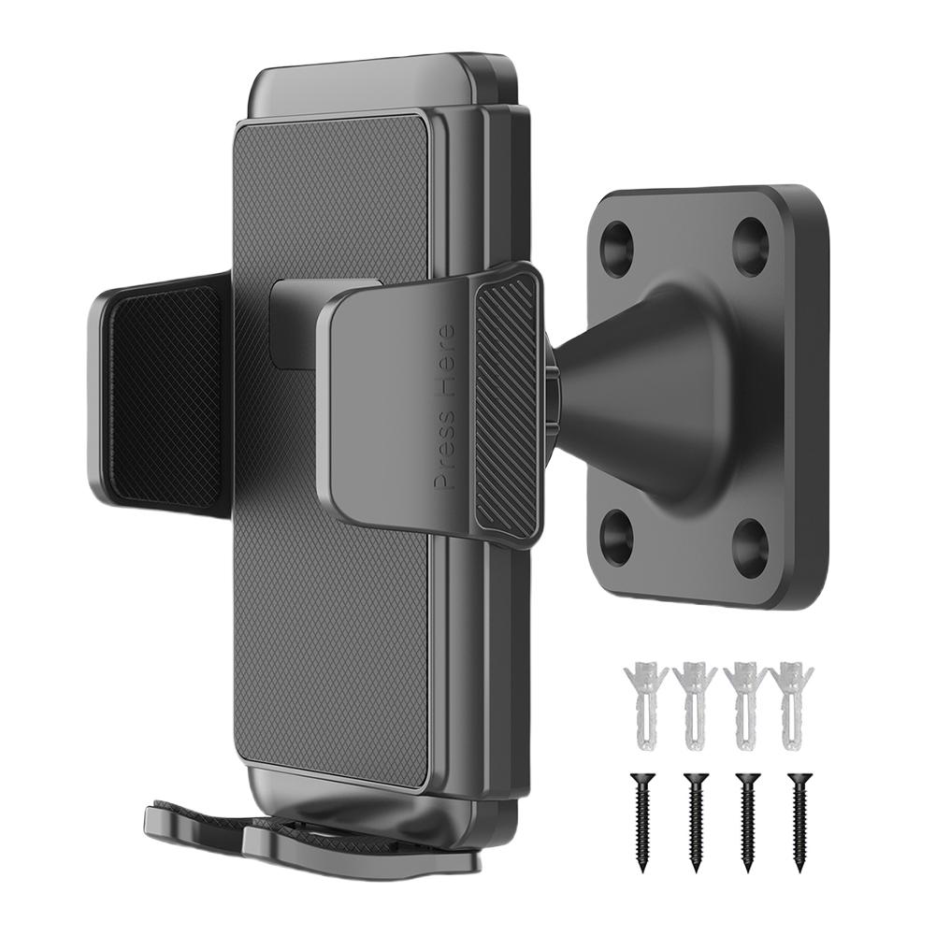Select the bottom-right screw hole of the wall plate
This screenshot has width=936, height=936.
[750, 546]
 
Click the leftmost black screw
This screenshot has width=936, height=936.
[641, 820]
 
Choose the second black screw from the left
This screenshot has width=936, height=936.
[694, 820]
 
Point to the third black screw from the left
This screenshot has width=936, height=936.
[746, 820]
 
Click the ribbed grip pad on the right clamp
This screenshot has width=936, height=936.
[506, 409]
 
